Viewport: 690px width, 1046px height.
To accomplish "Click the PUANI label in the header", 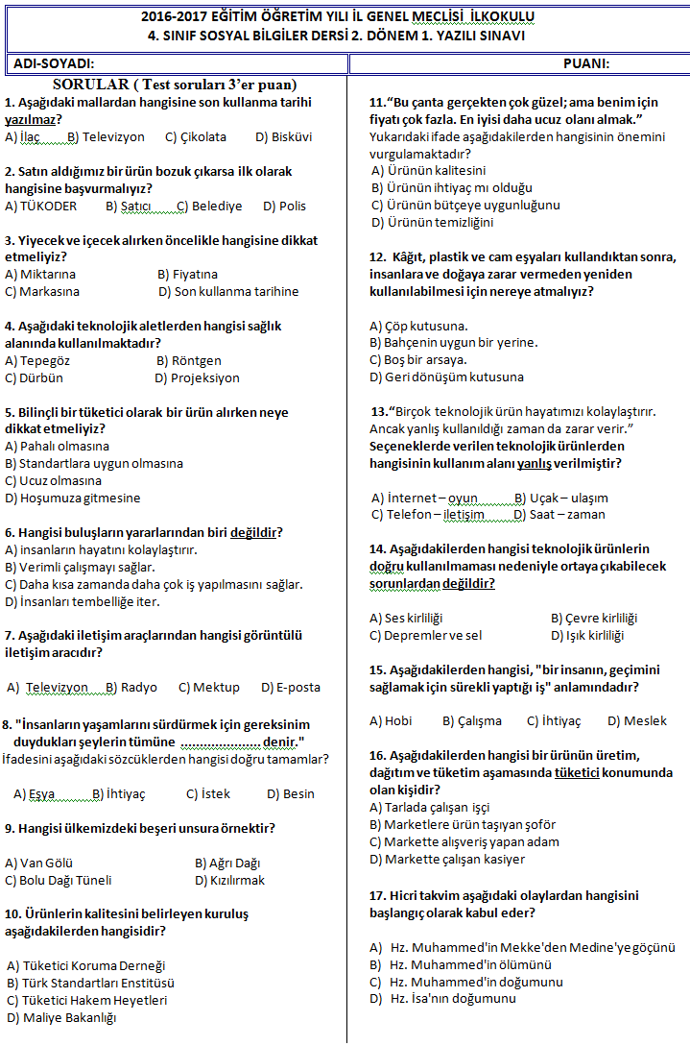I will pos(585,64).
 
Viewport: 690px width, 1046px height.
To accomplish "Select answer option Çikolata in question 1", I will pos(196,137).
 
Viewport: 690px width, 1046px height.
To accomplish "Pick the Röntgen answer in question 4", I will pos(189,361).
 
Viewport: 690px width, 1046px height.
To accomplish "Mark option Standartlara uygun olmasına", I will pos(94,464).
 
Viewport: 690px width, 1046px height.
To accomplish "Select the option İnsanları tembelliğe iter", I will pos(83,602).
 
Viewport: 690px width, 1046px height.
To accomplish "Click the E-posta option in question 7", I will pos(291,688).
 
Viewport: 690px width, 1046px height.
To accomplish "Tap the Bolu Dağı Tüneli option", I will pos(59,881).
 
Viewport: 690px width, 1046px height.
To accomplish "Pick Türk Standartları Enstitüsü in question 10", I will pos(91,984).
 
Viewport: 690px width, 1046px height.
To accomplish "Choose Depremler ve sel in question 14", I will pos(426,636).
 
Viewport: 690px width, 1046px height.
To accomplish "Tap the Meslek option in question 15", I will pos(637,721).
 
